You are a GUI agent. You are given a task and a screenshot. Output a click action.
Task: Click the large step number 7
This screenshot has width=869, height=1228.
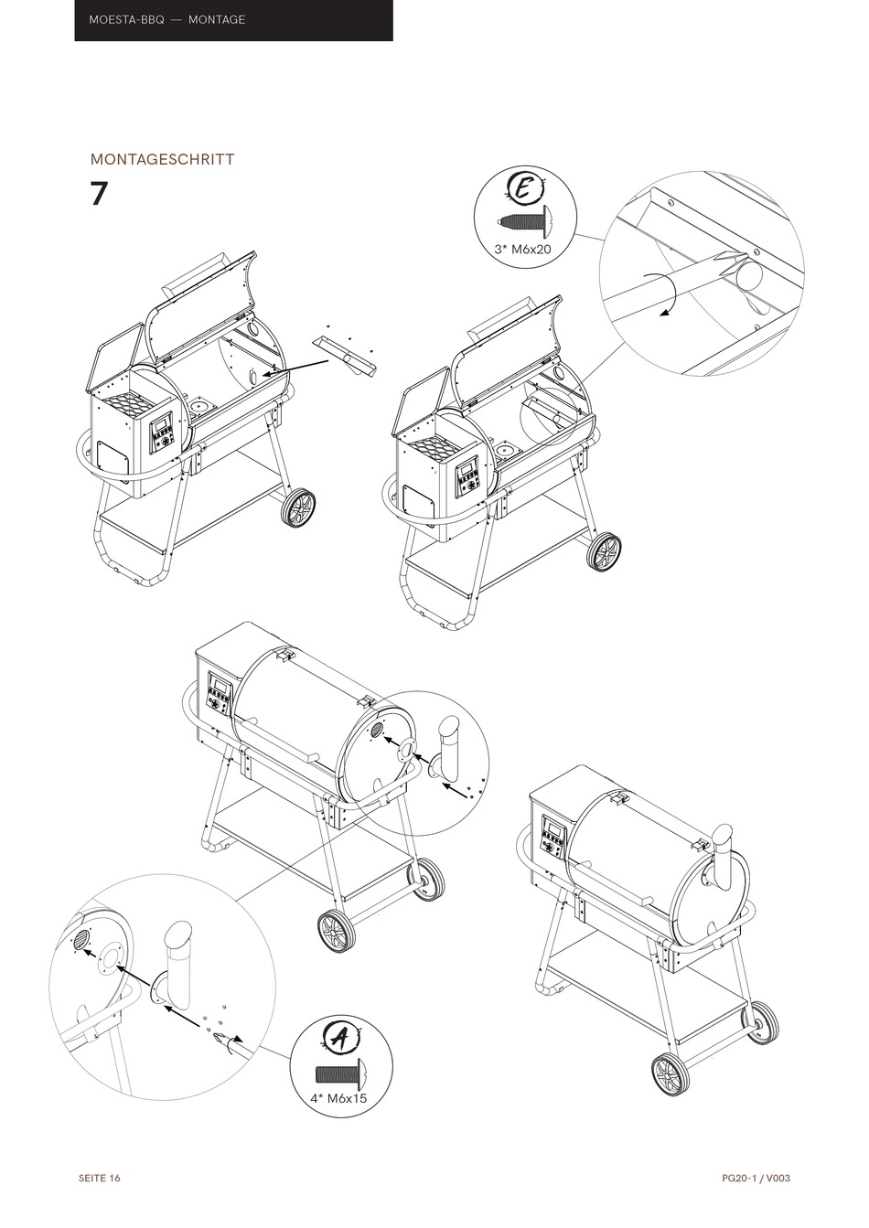click(99, 194)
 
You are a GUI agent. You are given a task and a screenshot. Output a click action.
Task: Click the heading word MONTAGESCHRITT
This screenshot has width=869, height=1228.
click(162, 159)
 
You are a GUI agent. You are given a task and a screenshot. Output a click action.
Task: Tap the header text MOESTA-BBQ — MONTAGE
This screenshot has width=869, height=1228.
click(167, 19)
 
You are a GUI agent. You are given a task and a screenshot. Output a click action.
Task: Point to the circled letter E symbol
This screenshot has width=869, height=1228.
click(524, 189)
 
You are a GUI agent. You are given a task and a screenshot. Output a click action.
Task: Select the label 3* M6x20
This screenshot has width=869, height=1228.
click(523, 249)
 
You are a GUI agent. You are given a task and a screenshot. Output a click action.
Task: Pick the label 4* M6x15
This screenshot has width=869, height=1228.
click(340, 1097)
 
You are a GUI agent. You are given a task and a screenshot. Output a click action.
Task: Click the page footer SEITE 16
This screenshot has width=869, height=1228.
click(99, 1178)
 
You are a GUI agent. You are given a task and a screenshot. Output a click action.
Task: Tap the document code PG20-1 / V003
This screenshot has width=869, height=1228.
click(755, 1178)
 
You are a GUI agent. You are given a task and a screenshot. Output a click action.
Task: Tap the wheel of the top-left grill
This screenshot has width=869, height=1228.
click(298, 509)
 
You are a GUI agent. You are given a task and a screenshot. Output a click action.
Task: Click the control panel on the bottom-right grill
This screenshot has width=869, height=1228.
click(553, 838)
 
